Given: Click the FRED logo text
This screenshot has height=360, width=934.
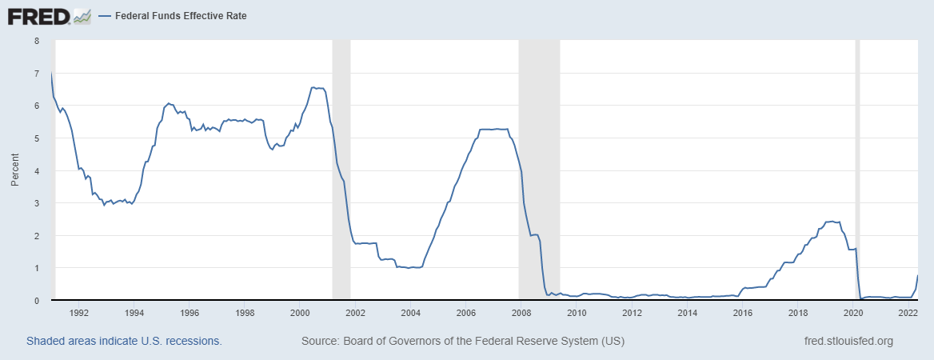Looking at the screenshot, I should (37, 15).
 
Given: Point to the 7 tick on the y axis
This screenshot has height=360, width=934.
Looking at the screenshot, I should (36, 73).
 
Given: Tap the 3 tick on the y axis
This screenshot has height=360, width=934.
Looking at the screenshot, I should (36, 203).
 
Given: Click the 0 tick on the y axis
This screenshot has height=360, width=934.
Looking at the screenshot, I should (36, 301).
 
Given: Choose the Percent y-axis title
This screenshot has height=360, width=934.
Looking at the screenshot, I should (14, 170).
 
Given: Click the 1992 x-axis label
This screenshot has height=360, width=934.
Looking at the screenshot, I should (78, 313).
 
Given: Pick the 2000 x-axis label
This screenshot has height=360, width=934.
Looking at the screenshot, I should (300, 313).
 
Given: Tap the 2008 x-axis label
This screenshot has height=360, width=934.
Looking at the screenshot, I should (521, 313).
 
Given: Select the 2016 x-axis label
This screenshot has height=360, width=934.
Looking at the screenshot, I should (743, 313).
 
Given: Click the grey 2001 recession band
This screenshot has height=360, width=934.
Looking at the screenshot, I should (341, 168).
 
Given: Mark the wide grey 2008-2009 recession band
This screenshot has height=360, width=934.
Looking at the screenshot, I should (539, 168).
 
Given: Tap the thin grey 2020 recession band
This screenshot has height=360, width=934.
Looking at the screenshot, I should (858, 168).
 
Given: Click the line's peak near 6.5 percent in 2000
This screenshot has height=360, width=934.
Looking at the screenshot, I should (313, 87).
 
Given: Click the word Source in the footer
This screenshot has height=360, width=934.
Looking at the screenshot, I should (319, 341).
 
